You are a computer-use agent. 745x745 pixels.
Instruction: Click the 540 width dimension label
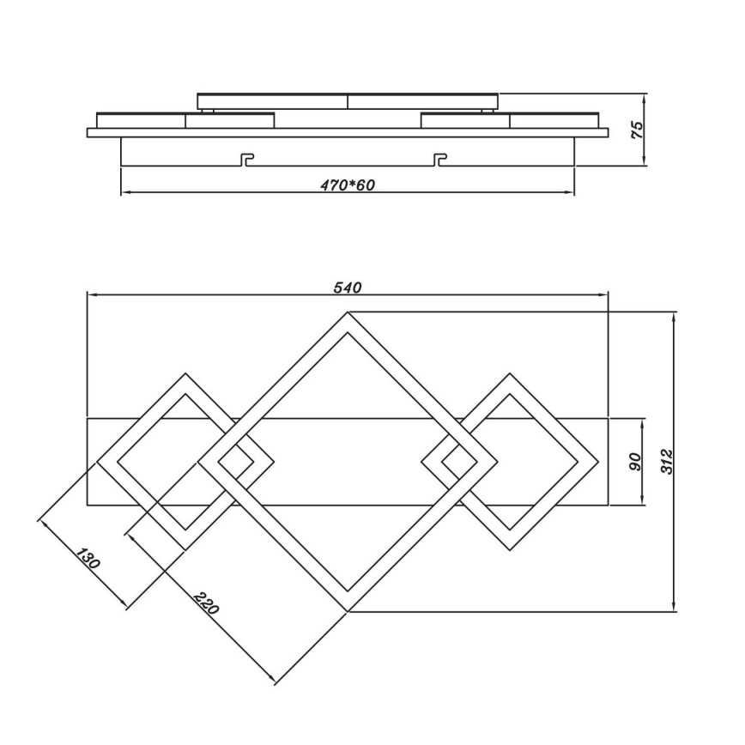[x=348, y=288]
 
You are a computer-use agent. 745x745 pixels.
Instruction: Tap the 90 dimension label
[x=636, y=463]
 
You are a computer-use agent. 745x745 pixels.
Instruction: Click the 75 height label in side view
[x=636, y=130]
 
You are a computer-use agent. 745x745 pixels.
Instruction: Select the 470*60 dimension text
[x=347, y=185]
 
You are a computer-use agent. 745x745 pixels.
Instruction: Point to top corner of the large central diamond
[x=348, y=312]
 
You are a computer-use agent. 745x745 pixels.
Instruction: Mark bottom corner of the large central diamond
[x=348, y=613]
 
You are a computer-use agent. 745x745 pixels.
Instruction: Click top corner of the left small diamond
[x=185, y=373]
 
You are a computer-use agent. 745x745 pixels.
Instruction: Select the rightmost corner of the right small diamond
[x=599, y=462]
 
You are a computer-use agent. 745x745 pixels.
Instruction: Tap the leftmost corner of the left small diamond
[x=97, y=462]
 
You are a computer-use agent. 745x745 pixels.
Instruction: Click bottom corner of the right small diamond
[x=511, y=550]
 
